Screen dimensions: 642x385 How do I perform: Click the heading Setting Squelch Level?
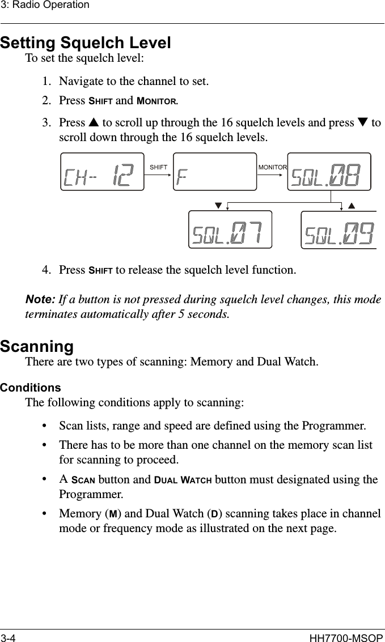[x=86, y=42]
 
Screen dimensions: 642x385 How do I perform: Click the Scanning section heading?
[x=37, y=346]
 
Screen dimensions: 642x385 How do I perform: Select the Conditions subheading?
[x=30, y=388]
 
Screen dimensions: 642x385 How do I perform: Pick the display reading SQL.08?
[x=329, y=172]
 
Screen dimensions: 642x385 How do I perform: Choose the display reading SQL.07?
[x=230, y=229]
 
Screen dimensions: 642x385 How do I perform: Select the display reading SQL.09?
[x=339, y=229]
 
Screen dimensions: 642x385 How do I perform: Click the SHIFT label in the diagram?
[x=158, y=167]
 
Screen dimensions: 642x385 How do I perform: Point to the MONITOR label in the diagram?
[x=273, y=167]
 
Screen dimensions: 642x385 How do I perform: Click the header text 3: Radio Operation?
[x=45, y=5]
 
